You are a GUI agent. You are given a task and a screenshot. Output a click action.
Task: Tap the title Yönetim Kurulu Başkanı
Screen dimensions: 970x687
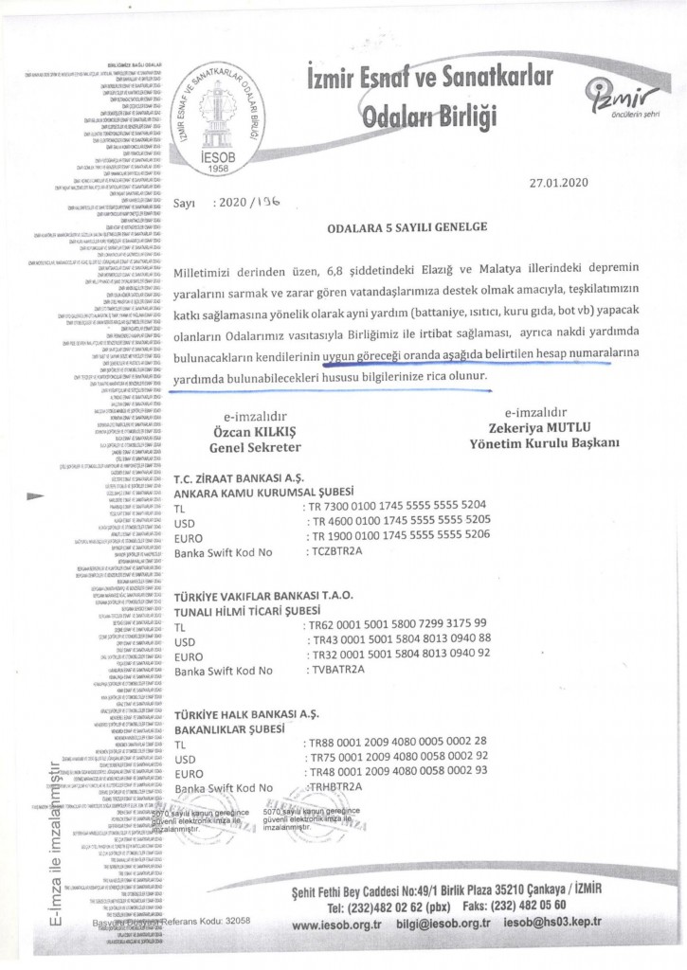tap(537, 442)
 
